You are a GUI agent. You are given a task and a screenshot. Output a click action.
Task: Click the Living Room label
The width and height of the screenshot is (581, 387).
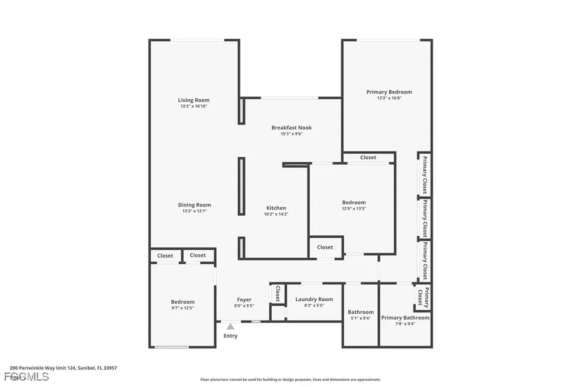click(x=194, y=100)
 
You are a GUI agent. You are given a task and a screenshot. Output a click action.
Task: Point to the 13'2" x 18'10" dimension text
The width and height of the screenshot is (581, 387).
click(x=194, y=106)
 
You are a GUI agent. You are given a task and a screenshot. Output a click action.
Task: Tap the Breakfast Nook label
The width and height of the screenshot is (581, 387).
click(x=292, y=128)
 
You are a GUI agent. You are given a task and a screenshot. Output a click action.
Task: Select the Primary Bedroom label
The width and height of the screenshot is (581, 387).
click(x=389, y=92)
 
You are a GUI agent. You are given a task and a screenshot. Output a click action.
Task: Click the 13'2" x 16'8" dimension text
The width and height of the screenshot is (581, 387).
click(x=389, y=98)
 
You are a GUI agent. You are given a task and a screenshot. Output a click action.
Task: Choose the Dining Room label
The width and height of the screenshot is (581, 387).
click(x=195, y=205)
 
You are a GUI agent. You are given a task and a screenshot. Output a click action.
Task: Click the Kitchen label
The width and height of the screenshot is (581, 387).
click(x=276, y=208)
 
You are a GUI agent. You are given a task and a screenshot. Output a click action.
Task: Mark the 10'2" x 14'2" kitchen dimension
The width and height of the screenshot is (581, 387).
click(x=276, y=214)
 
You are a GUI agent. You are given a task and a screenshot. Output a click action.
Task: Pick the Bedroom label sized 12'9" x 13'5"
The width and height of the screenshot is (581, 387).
click(x=353, y=203)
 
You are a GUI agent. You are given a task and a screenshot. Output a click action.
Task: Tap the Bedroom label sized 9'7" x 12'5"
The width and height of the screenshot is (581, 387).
click(x=183, y=302)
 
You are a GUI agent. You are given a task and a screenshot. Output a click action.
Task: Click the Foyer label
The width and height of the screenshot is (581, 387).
click(x=244, y=300)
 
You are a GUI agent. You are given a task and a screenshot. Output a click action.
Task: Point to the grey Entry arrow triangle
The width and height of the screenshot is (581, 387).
click(x=230, y=326)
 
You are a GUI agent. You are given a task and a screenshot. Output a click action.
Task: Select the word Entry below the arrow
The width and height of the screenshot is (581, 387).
click(x=230, y=336)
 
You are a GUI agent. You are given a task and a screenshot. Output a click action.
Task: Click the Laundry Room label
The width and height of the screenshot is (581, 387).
click(x=314, y=299)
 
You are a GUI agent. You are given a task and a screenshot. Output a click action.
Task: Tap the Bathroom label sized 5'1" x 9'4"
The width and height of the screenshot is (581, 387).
click(x=361, y=312)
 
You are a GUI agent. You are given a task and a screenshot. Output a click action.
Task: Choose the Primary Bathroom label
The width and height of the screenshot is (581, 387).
click(x=405, y=318)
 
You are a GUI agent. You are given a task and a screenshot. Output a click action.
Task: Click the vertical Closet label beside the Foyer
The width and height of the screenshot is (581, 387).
click(x=277, y=293)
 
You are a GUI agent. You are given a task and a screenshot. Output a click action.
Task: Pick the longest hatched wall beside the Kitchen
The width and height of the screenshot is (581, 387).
click(x=241, y=186)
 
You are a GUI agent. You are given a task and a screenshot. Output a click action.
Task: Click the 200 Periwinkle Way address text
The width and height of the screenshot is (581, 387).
click(x=64, y=368)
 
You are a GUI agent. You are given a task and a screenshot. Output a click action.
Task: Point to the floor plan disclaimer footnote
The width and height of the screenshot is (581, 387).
click(x=290, y=380)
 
